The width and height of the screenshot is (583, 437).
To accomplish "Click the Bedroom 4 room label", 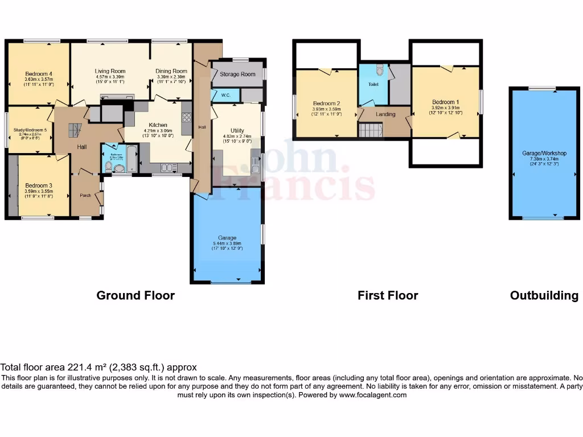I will pos(39,73).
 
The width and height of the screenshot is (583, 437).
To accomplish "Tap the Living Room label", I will pos(109,71).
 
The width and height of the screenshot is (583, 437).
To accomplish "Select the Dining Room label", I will pos(171,71).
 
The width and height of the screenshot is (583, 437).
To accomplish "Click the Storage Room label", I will pos(237,74).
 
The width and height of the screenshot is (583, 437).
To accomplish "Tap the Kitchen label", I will pos(158,125).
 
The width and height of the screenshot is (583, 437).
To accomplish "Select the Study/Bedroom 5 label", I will pos(30,130).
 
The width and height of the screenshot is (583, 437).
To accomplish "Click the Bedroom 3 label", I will pos(39,185).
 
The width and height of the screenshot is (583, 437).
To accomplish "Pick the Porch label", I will pos(85,196).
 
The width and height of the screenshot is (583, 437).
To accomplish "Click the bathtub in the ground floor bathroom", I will pos(131,159).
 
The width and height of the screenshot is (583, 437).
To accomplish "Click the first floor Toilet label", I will pos(373,84).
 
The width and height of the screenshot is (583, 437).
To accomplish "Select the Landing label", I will pos(385,114).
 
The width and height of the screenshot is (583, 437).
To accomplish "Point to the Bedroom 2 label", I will pos(326,104).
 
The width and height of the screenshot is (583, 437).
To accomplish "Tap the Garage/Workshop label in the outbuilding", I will pos(544,153).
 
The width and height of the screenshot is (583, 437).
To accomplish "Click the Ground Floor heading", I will pos(136,295).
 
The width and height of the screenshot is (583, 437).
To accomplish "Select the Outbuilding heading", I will pos(544,295).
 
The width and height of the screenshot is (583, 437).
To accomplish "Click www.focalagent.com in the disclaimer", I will pos(373,394).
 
